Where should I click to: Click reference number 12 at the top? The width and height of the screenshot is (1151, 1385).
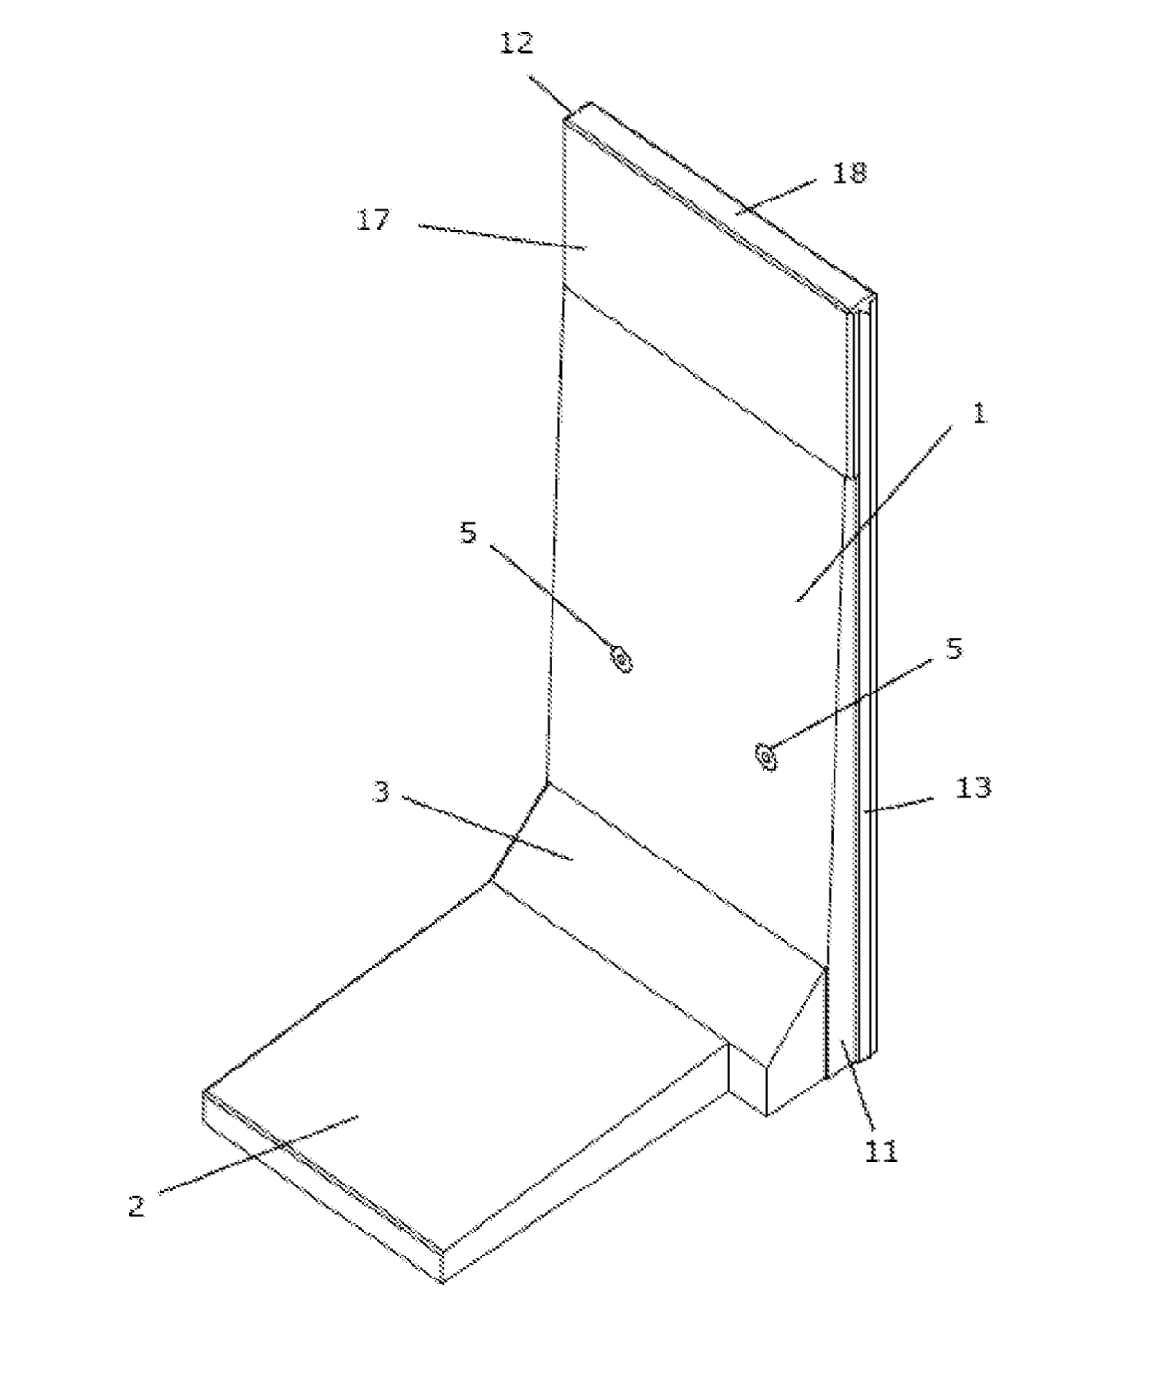[x=517, y=43]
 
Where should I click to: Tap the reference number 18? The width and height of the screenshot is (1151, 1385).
[x=849, y=173]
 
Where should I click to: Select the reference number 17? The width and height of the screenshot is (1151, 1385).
[x=373, y=220]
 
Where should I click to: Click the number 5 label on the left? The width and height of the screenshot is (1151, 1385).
[x=469, y=532]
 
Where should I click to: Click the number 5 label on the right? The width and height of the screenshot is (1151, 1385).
[x=954, y=648]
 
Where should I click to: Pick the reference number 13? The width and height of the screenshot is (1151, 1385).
[x=974, y=788]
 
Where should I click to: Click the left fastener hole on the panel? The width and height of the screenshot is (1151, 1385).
[x=622, y=660]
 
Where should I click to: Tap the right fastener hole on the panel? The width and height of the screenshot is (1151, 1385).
[x=766, y=757]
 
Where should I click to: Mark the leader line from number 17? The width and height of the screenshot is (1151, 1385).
[x=503, y=238]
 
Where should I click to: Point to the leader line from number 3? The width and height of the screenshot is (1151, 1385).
[x=487, y=829]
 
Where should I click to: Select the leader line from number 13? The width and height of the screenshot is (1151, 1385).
[x=900, y=805]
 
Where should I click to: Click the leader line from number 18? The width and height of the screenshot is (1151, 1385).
[x=776, y=197]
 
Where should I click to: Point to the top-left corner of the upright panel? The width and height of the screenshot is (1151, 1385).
[x=565, y=119]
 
